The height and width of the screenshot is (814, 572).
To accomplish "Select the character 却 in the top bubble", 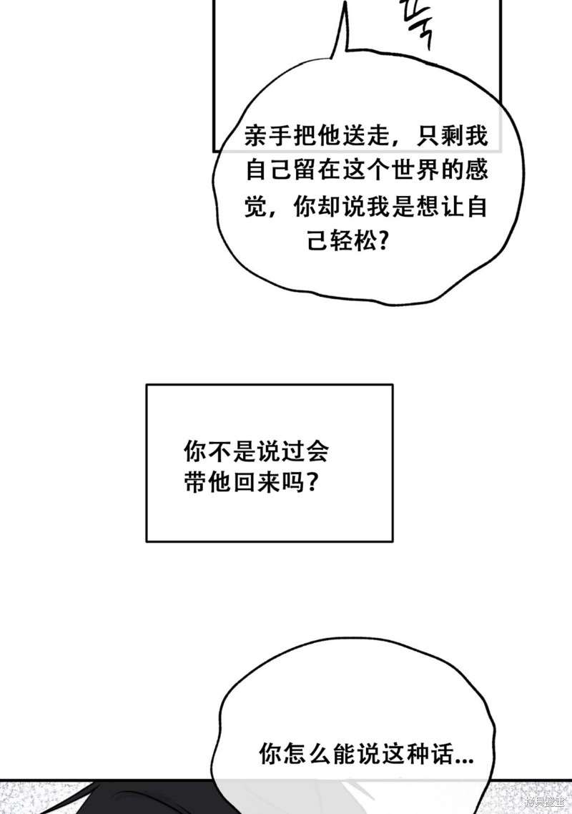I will coord(340,207).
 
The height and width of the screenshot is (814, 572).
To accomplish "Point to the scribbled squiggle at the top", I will coord(418,25).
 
